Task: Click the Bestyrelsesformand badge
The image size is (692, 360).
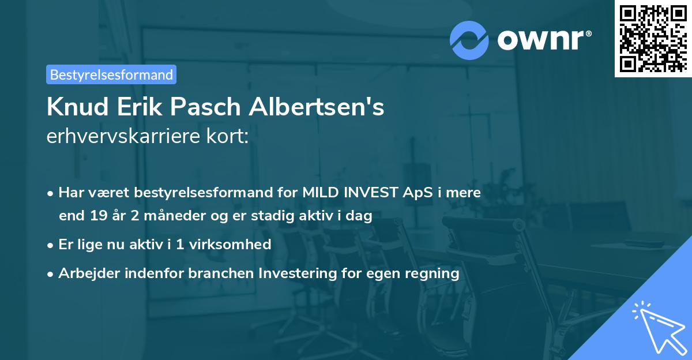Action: (111, 74)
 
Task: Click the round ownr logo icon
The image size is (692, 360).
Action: (469, 40)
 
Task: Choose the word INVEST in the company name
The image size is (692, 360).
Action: (369, 192)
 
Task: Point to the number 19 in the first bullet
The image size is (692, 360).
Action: (98, 216)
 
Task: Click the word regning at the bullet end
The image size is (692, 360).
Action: (434, 273)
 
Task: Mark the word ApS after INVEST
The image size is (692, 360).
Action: (413, 192)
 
